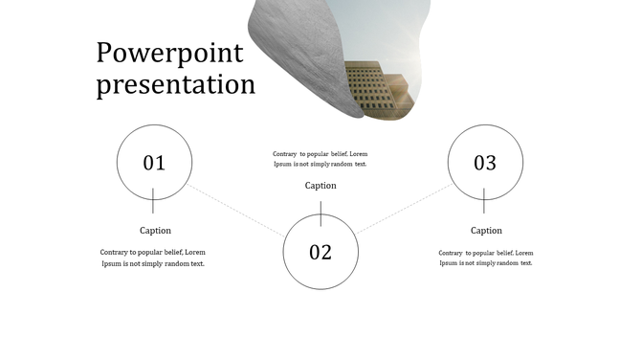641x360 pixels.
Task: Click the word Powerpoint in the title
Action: point(169,53)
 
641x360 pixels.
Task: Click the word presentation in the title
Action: point(176,84)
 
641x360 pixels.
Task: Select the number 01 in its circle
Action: point(154,163)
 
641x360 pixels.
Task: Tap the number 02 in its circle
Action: point(320,253)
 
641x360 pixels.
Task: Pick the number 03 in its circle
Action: point(485,163)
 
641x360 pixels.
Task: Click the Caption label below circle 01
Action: point(156,230)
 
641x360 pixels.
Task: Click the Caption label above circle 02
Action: point(320,186)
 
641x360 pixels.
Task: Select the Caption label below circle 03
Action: point(486,230)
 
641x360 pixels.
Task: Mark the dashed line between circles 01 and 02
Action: point(236,210)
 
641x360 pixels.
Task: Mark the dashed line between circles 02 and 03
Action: point(404,209)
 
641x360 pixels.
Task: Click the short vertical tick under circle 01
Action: point(153,201)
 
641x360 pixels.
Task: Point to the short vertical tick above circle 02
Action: point(320,213)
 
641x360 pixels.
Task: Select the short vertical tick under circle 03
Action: point(484,201)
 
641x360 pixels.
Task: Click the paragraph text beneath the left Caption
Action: point(153,258)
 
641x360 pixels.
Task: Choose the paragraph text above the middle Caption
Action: point(320,158)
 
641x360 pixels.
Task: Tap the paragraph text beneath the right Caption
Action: point(486,258)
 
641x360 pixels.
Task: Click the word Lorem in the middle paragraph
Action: point(358,153)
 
